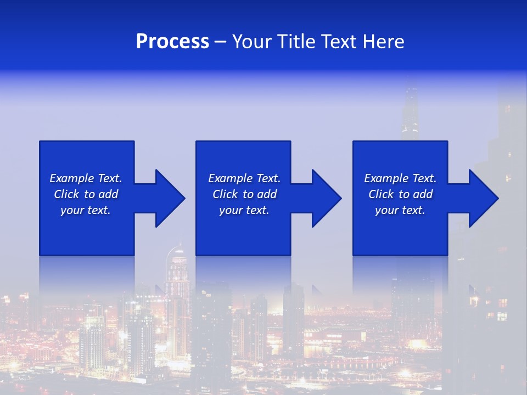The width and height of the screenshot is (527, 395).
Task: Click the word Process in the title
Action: pos(172,42)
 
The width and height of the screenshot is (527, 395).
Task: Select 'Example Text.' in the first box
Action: pos(86,178)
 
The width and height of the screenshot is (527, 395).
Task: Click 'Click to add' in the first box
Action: pos(86,194)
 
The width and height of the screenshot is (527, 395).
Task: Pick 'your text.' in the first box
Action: pos(86,210)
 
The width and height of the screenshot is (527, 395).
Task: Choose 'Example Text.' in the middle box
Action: pos(244,178)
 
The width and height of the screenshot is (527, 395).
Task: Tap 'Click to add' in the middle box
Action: pos(244,194)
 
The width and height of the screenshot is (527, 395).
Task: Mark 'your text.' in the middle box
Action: pos(244,210)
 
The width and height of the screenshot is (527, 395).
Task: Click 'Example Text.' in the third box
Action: pos(400,178)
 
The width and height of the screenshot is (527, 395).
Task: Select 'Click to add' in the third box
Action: pos(400,194)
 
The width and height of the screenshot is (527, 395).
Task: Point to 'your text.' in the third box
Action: pos(400,210)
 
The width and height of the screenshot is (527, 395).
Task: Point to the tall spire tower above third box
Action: pos(410,110)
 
